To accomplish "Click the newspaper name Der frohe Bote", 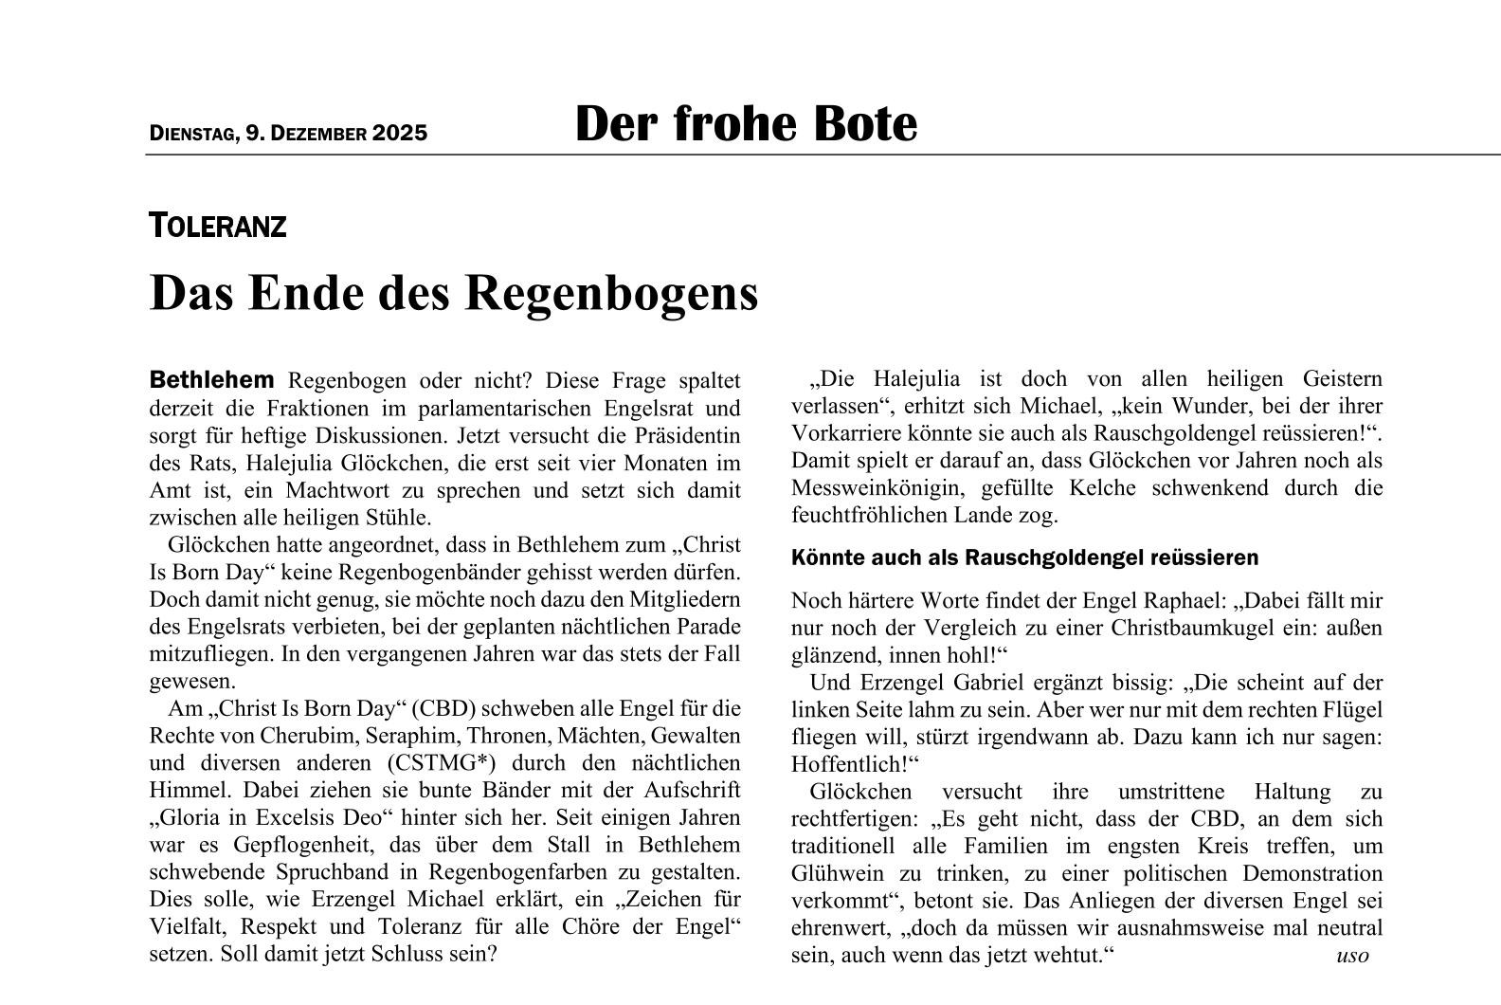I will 746,124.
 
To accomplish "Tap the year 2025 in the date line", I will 400,134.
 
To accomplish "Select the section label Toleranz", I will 217,227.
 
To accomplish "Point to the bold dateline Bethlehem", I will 211,380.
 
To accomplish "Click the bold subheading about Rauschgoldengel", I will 1024,557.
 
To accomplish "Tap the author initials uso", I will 1352,955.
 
